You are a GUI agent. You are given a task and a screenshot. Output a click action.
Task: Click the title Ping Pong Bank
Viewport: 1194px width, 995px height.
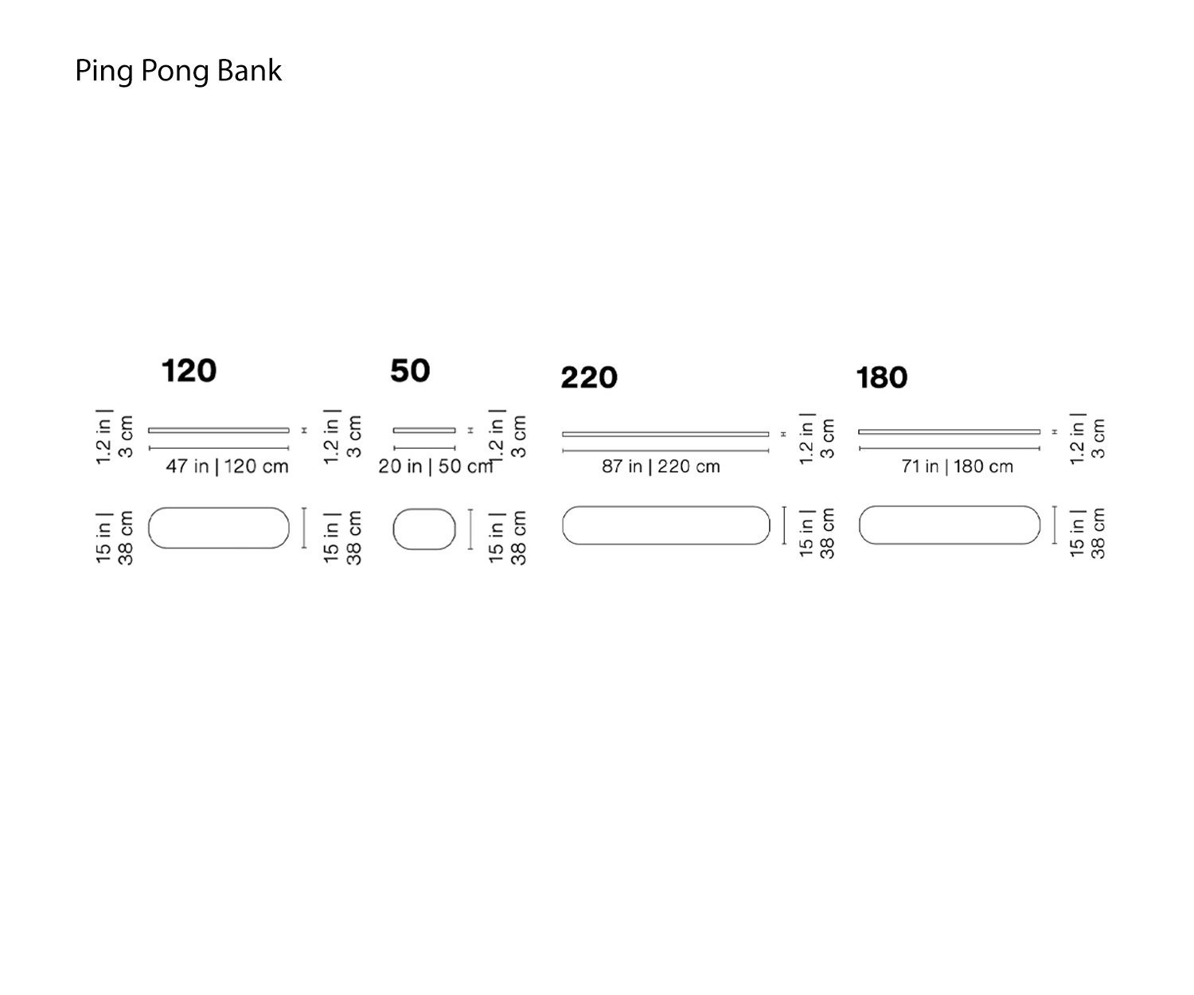point(178,71)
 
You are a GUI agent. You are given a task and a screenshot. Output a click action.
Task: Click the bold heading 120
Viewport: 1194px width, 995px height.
point(189,371)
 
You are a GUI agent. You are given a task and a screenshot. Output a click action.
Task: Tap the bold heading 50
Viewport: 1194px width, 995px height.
point(410,371)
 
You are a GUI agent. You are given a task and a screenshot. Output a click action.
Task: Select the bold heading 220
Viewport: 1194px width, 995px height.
point(589,377)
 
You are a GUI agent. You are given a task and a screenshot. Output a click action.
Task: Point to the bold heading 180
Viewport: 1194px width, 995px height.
point(881,377)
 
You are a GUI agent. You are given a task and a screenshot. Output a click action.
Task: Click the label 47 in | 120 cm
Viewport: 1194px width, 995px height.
point(227,466)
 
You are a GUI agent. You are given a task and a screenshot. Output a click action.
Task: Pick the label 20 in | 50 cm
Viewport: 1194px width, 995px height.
point(435,466)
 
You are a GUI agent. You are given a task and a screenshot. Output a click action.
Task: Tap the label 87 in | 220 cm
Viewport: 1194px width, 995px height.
point(661,466)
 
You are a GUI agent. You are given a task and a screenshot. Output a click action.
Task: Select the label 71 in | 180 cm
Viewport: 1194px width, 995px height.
point(957,466)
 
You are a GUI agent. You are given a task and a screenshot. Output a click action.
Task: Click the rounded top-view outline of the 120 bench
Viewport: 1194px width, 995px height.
point(219,528)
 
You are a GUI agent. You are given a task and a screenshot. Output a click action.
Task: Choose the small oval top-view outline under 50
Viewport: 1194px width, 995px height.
point(424,529)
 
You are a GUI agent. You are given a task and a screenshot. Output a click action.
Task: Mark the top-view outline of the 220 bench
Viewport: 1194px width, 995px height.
point(665,525)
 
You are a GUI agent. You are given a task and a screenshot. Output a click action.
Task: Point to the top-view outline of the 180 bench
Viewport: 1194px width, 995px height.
point(950,525)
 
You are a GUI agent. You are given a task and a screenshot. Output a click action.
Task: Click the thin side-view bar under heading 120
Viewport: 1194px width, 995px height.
point(219,430)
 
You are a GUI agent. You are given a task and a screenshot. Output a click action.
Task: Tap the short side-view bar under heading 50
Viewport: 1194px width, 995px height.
point(424,430)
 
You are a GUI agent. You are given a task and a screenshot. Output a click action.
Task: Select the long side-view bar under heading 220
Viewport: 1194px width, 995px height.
point(665,434)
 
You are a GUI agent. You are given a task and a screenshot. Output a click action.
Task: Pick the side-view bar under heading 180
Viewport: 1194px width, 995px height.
point(949,431)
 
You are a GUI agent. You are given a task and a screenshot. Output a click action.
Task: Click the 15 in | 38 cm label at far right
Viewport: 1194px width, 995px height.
point(1087,533)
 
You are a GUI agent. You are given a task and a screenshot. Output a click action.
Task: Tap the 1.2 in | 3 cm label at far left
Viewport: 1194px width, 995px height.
point(115,437)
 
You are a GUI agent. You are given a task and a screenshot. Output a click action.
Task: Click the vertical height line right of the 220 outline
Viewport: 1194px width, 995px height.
point(785,525)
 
